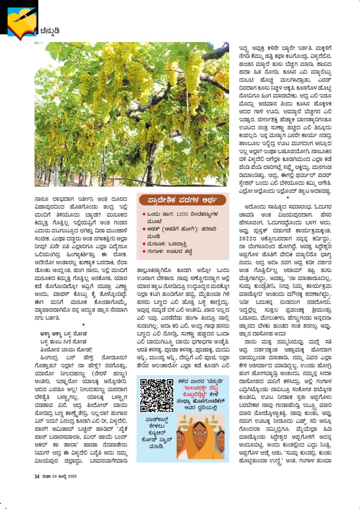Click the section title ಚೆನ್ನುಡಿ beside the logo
click(x=50, y=31)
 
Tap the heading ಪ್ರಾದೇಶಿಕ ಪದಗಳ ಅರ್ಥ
click(x=182, y=200)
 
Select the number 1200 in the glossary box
click(x=182, y=214)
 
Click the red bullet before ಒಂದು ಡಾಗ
click(x=144, y=214)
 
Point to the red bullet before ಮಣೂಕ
click(x=144, y=244)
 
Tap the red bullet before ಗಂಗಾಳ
click(x=144, y=251)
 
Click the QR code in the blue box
click(x=157, y=395)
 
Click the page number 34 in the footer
click(x=37, y=476)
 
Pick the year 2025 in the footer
click(x=72, y=476)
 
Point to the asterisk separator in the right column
click(x=288, y=198)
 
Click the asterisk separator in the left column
click(x=83, y=325)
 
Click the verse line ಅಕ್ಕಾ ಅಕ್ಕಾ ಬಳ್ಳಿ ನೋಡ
click(x=63, y=333)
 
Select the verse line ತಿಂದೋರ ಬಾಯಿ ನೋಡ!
click(x=66, y=349)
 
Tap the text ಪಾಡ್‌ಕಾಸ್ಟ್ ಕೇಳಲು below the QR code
click(x=157, y=423)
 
